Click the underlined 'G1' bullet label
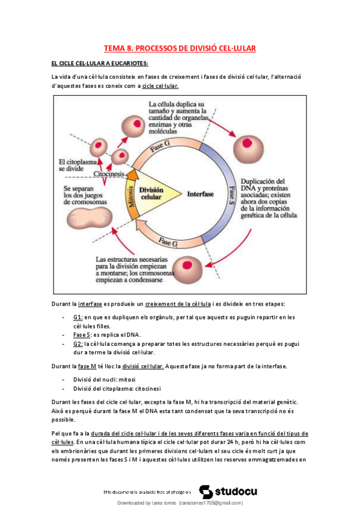(x=78, y=317)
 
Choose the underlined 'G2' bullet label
(x=78, y=343)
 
